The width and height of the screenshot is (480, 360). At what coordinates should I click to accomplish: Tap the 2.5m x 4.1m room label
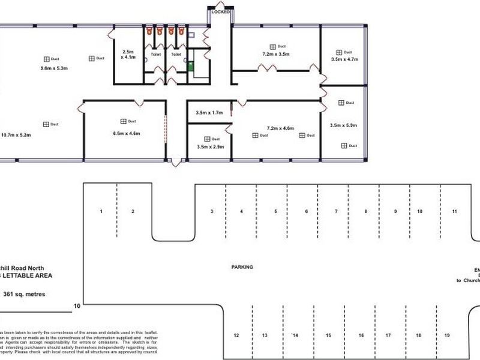click(128, 55)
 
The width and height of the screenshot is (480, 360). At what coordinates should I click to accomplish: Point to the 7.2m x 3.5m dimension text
click(276, 54)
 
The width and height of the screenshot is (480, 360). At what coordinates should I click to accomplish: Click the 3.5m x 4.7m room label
click(344, 59)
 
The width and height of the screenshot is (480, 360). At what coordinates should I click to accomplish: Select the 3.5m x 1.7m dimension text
click(209, 112)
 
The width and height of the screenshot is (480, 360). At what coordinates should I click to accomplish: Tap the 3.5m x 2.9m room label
click(209, 146)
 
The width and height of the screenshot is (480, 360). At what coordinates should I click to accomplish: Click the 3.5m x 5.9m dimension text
click(344, 125)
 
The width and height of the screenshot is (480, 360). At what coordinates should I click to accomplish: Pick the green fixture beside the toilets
click(191, 66)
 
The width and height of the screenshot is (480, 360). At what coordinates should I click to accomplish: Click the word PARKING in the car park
click(242, 266)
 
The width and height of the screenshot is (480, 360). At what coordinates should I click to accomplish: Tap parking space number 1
click(101, 212)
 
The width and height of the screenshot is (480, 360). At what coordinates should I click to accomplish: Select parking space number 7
click(336, 212)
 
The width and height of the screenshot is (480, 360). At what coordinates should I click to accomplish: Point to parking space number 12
click(236, 335)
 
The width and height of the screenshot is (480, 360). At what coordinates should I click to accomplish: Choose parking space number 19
click(448, 335)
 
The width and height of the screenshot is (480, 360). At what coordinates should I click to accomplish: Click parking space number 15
click(328, 335)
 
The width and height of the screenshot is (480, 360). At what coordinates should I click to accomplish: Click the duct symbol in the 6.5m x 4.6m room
click(123, 121)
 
